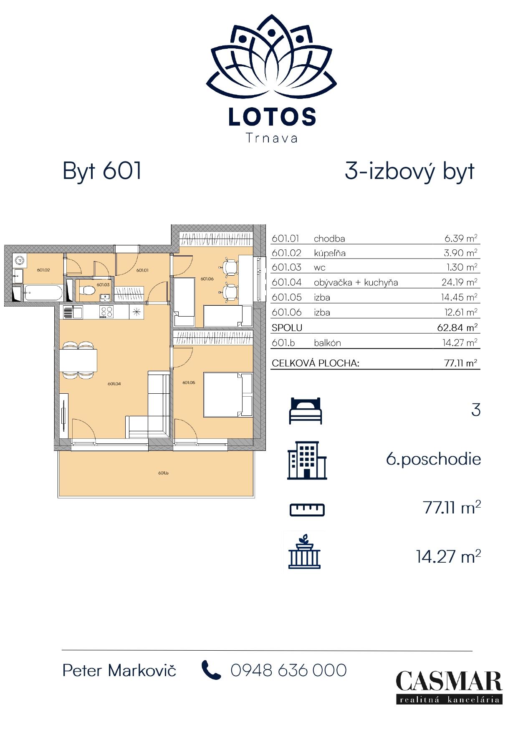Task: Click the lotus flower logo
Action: click(x=271, y=54)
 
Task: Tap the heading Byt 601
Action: click(x=102, y=171)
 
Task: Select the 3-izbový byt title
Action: click(x=409, y=171)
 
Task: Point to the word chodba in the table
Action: click(x=329, y=239)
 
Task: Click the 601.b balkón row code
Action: click(x=283, y=343)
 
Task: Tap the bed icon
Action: click(x=306, y=410)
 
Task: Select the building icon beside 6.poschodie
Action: click(x=307, y=460)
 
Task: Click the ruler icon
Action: click(x=307, y=509)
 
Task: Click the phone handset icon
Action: click(x=211, y=670)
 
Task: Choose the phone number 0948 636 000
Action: click(x=288, y=670)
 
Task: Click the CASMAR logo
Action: click(x=449, y=687)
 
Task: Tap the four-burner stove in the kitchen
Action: click(x=106, y=312)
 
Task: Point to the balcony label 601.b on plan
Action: click(x=163, y=473)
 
